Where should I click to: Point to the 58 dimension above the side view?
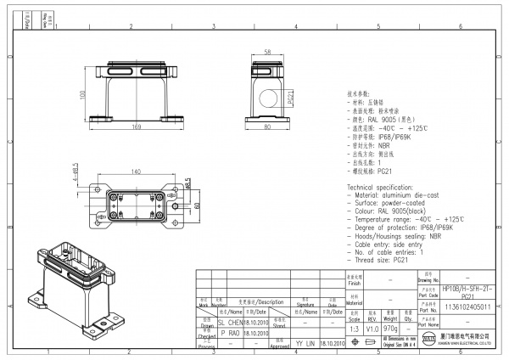[x=269, y=52]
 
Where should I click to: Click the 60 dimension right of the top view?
[x=198, y=205]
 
